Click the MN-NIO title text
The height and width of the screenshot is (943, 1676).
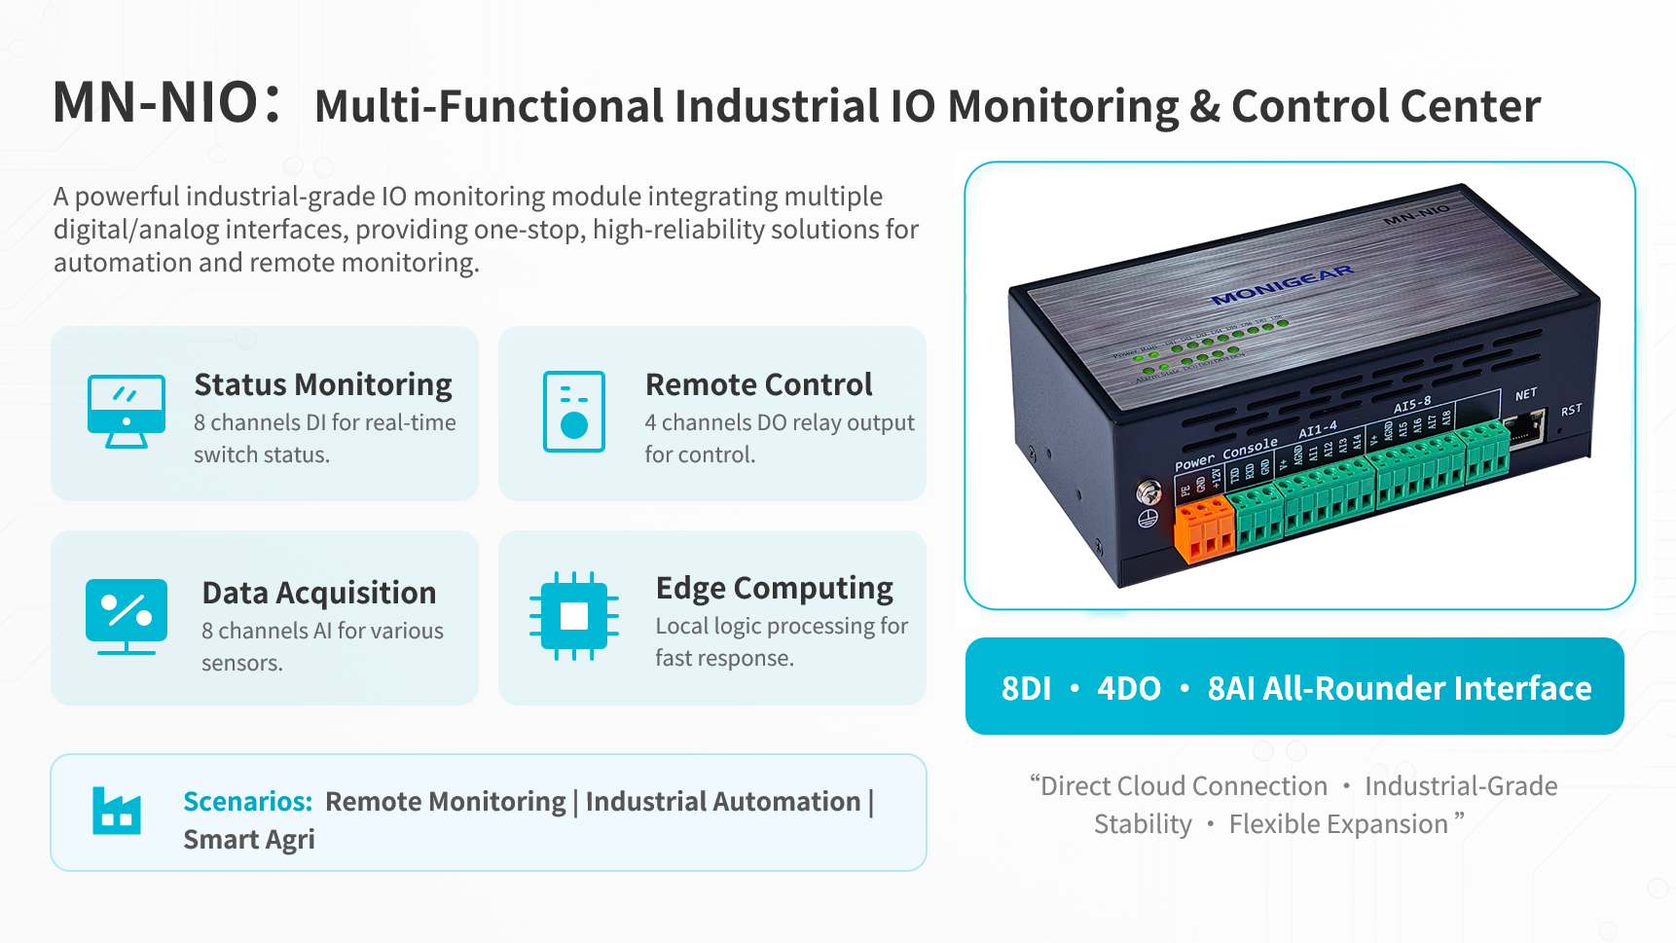click(156, 102)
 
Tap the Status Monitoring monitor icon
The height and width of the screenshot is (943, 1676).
click(127, 411)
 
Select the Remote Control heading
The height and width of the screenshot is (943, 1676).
click(758, 384)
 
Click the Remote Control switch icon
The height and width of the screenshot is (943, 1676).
click(574, 412)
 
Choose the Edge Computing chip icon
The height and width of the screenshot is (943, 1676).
click(574, 616)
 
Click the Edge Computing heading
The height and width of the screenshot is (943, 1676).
click(774, 588)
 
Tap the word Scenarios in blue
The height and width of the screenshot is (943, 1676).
click(247, 801)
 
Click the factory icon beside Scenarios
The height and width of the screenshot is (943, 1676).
click(117, 811)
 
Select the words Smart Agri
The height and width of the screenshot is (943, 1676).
click(249, 839)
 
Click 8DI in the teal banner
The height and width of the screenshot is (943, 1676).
click(1026, 688)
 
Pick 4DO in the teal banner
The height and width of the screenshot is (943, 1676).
click(1129, 688)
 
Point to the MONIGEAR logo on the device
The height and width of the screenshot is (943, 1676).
click(1282, 284)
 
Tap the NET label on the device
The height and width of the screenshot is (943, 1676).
click(1525, 394)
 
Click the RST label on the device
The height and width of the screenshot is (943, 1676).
click(1571, 411)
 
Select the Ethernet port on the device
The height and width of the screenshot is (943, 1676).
click(1525, 427)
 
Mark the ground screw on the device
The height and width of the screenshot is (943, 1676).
click(1148, 492)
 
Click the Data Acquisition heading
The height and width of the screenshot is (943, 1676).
click(318, 593)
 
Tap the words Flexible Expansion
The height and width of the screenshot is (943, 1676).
click(1338, 824)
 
